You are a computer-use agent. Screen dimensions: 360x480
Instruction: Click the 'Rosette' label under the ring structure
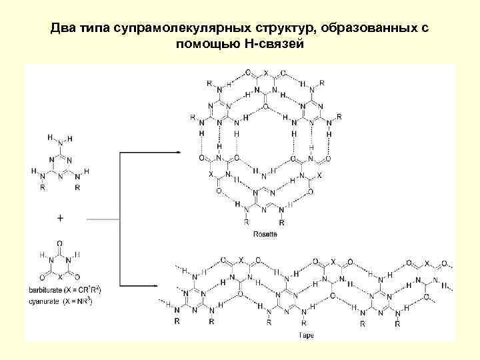coord(266,234)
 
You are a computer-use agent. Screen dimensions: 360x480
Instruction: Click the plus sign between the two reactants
coord(61,218)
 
